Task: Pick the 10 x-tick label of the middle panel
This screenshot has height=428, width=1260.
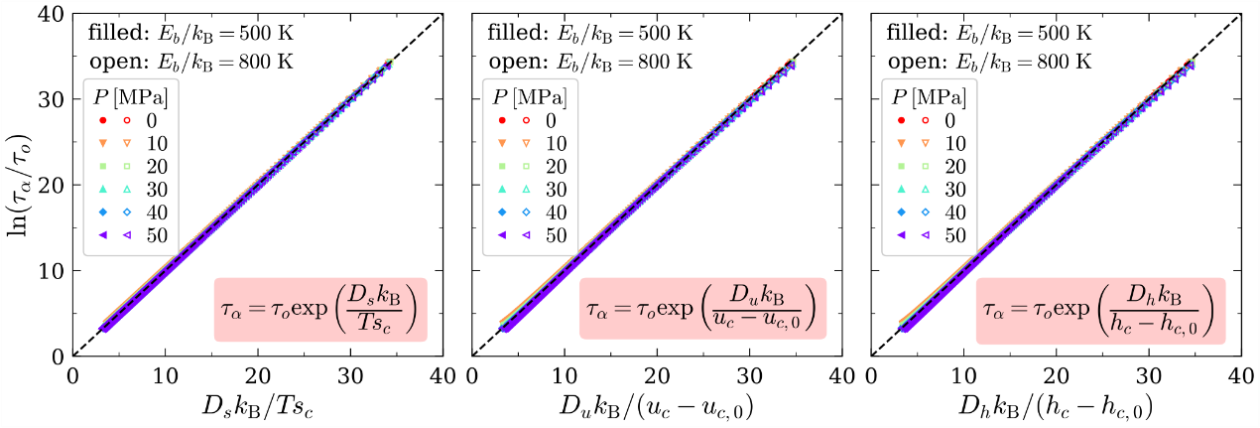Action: [x=564, y=376]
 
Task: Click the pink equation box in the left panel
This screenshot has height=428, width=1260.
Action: [x=319, y=309]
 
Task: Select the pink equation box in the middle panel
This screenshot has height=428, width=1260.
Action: [x=702, y=309]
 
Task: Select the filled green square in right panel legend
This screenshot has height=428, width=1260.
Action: [x=902, y=166]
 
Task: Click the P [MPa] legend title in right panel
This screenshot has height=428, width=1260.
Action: [x=925, y=97]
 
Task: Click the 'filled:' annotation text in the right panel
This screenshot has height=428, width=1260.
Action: [x=915, y=33]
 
